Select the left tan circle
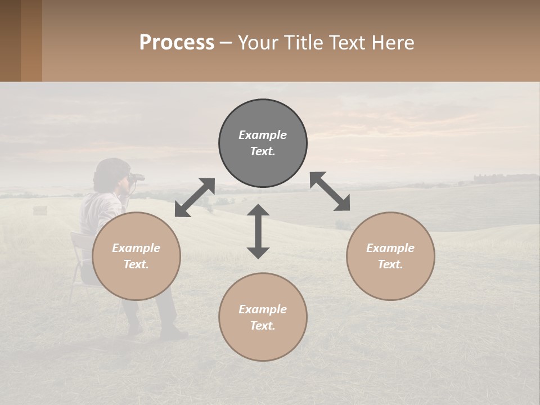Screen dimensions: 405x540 click(x=136, y=256)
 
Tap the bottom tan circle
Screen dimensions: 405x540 click(x=263, y=317)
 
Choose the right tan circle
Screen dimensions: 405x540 click(x=390, y=256)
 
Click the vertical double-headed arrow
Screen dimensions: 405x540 click(x=258, y=231)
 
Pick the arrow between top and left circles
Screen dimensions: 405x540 click(x=195, y=197)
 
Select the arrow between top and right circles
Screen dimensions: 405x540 click(x=330, y=191)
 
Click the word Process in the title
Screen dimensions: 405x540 click(x=177, y=42)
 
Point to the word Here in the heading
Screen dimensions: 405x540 click(x=392, y=42)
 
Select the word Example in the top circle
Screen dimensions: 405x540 click(x=263, y=135)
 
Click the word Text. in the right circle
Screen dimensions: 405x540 click(x=390, y=264)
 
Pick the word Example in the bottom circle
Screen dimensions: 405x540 click(x=263, y=309)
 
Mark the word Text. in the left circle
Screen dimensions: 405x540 click(x=136, y=264)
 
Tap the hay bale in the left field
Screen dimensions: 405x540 click(x=40, y=210)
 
